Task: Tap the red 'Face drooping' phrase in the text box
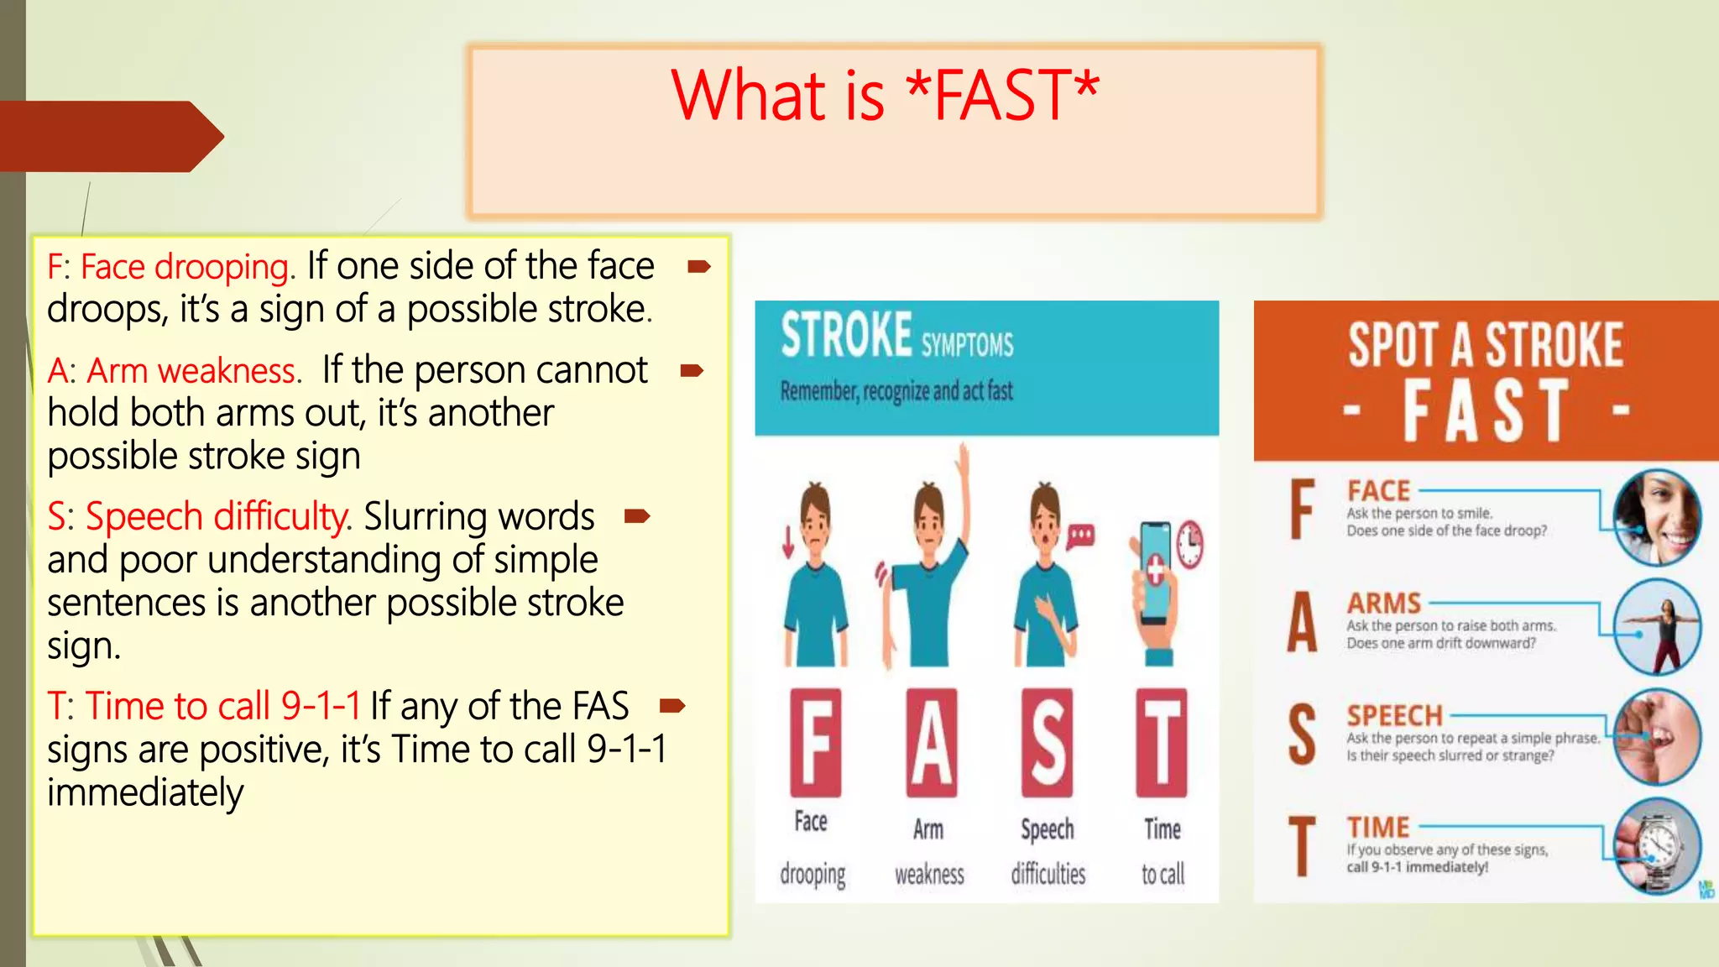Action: coord(184,267)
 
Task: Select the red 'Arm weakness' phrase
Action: coord(193,371)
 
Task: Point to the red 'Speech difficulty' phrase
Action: coord(217,516)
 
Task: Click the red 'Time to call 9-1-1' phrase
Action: coord(222,706)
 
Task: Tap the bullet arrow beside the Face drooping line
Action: coord(698,268)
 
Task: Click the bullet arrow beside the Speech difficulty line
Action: coord(637,515)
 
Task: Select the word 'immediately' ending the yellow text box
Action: coord(145,792)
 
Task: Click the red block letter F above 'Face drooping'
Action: coord(815,742)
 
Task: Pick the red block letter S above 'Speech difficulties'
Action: coord(1047,742)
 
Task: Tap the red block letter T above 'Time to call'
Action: coord(1162,742)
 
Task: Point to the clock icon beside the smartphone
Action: coord(1189,544)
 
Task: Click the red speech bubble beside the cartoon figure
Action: coord(1081,535)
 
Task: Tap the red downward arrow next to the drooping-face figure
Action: coord(787,541)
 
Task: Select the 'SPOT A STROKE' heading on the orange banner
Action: coord(1486,345)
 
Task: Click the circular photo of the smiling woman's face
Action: coord(1657,516)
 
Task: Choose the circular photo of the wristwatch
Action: coord(1657,844)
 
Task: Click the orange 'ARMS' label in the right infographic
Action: coord(1384,603)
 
